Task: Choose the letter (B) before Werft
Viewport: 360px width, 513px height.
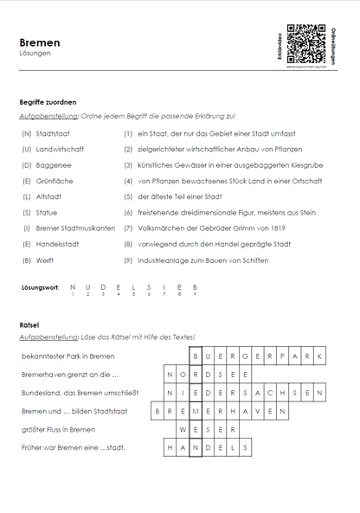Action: coord(27,259)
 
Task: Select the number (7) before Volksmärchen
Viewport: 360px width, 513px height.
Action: coord(127,228)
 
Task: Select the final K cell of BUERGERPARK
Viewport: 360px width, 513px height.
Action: coord(318,356)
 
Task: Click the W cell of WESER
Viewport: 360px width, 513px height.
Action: coord(183,429)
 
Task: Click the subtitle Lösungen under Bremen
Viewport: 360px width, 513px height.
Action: coord(35,53)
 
